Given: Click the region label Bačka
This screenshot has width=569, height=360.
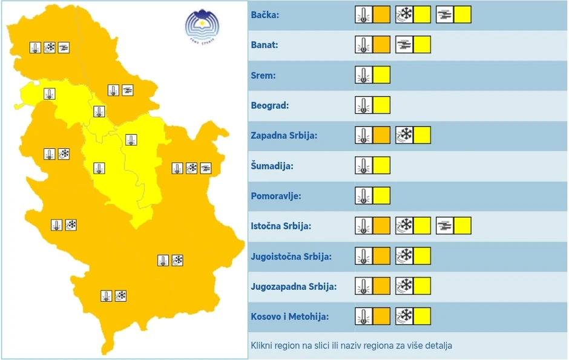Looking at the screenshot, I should pyautogui.click(x=265, y=15).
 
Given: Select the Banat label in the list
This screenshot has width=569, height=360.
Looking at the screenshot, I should pyautogui.click(x=265, y=45).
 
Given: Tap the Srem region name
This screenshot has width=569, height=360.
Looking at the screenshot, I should pyautogui.click(x=263, y=76).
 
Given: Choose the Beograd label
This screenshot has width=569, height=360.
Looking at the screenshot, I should pyautogui.click(x=270, y=106).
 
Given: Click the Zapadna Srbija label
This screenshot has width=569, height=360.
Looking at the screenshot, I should pyautogui.click(x=284, y=136).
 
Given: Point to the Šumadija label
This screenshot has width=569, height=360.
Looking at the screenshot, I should pyautogui.click(x=272, y=166).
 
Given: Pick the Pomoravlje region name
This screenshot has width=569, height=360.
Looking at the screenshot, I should pyautogui.click(x=275, y=196).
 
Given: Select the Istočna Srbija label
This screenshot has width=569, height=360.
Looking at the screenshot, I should pyautogui.click(x=281, y=226).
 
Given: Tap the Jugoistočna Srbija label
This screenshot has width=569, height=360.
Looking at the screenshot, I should pyautogui.click(x=291, y=257).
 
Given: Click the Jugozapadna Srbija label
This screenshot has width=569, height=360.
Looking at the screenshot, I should pyautogui.click(x=294, y=287).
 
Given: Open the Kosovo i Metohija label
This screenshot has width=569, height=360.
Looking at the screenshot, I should pyautogui.click(x=289, y=317).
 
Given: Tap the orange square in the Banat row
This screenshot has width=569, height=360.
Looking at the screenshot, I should pyautogui.click(x=381, y=45).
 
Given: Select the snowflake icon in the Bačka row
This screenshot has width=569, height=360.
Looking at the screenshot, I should pyautogui.click(x=404, y=15).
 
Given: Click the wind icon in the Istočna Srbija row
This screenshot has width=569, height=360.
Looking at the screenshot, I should pyautogui.click(x=444, y=226).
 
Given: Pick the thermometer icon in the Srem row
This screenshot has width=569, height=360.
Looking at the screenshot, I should pyautogui.click(x=363, y=75).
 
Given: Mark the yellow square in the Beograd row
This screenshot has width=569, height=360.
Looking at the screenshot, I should pyautogui.click(x=381, y=105).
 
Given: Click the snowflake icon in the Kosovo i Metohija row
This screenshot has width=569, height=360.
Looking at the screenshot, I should pyautogui.click(x=404, y=316).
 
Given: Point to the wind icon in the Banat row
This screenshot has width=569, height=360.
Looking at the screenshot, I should pyautogui.click(x=404, y=45).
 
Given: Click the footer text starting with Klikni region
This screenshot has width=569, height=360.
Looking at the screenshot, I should pyautogui.click(x=351, y=345).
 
